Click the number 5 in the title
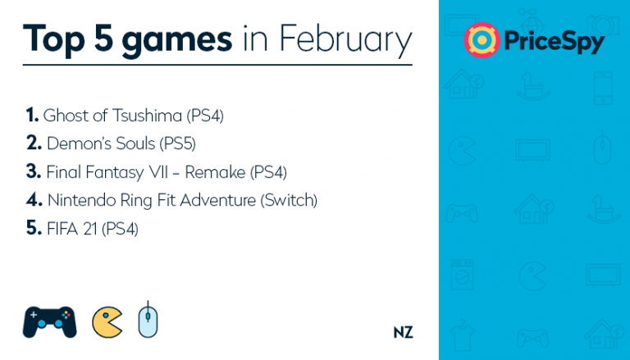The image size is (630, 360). (x=104, y=39)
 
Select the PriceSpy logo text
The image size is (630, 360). (x=554, y=41)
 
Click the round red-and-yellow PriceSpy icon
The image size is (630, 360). (x=482, y=40)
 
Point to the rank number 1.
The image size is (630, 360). (x=32, y=115)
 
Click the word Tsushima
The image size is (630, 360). (x=147, y=116)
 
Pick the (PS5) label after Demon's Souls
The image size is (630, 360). (x=177, y=144)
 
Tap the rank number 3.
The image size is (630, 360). (x=34, y=171)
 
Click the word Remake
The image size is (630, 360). (x=215, y=172)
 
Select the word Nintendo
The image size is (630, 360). (x=81, y=200)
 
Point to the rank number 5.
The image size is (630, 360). (x=34, y=228)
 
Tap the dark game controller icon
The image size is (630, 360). (x=49, y=321)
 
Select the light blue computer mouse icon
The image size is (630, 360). (x=148, y=320)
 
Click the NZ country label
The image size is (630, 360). (x=403, y=332)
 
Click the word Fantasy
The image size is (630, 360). (x=115, y=172)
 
